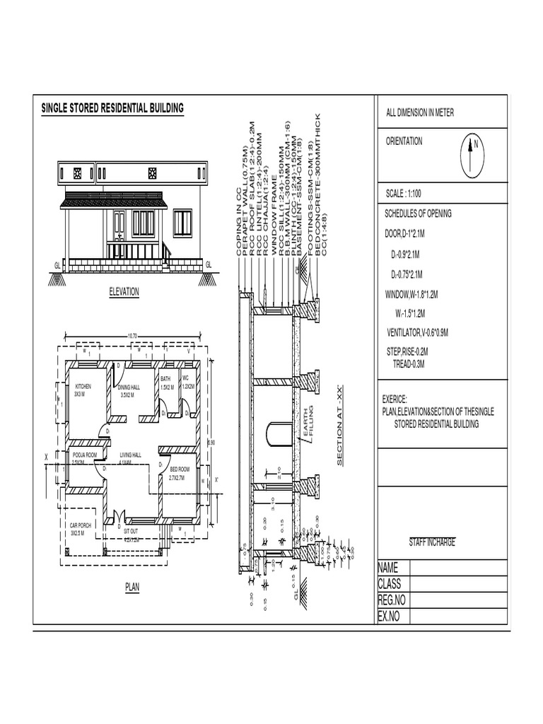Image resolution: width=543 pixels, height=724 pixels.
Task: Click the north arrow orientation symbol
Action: click(x=471, y=156)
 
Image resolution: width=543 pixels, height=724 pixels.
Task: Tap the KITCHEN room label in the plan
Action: click(x=84, y=387)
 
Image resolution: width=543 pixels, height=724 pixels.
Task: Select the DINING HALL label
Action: click(x=129, y=387)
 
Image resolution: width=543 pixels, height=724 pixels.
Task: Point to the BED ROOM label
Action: click(x=180, y=469)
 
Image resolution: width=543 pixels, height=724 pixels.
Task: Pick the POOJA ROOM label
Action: click(x=84, y=455)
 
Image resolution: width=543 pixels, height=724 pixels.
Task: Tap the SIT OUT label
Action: click(x=131, y=530)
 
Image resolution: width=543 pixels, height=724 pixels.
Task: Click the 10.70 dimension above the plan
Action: click(x=132, y=336)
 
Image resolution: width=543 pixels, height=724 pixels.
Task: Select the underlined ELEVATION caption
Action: click(x=124, y=291)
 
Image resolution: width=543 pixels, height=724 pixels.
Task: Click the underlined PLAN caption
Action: click(x=132, y=587)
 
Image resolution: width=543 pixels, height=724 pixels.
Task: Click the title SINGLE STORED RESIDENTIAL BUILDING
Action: click(x=112, y=108)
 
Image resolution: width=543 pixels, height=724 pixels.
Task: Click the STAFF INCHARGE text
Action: click(x=432, y=542)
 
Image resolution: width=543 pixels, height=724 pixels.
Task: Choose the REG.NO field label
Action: click(x=390, y=600)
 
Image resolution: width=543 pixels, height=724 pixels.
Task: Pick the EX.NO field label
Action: click(x=389, y=617)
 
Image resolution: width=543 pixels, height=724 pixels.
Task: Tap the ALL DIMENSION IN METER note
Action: click(x=420, y=113)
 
